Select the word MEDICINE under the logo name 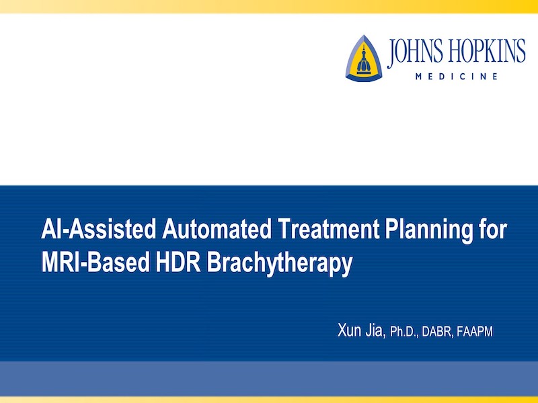click(x=457, y=77)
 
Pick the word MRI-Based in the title click(x=95, y=263)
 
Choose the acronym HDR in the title click(x=178, y=263)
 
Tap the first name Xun click(x=349, y=330)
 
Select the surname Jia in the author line click(x=376, y=330)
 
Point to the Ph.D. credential click(x=405, y=332)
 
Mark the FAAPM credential click(x=475, y=331)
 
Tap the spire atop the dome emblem click(x=364, y=48)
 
